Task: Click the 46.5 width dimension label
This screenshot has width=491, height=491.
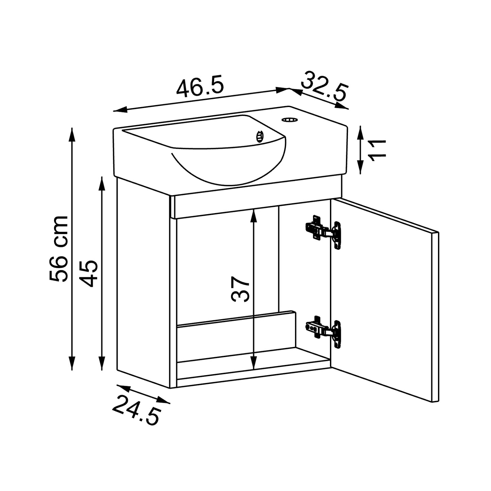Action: [x=200, y=87]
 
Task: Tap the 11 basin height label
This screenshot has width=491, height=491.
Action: [x=378, y=150]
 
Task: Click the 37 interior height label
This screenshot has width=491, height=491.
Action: [x=240, y=289]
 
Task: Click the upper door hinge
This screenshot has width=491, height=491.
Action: [x=323, y=231]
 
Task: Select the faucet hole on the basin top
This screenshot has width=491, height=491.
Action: [x=289, y=120]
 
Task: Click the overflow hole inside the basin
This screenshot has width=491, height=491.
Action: [x=260, y=136]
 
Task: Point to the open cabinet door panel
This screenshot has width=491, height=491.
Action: [x=384, y=299]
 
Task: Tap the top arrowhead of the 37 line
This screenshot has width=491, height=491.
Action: [x=253, y=215]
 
